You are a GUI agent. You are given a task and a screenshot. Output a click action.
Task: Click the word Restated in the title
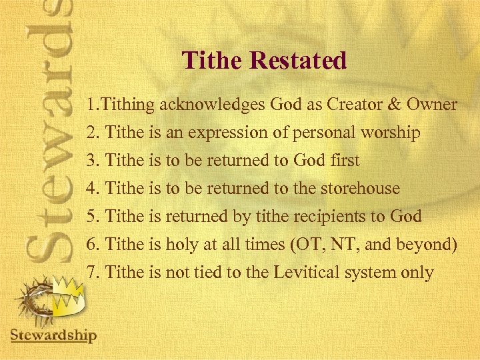click(x=298, y=61)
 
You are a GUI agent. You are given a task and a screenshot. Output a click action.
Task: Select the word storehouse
click(x=360, y=189)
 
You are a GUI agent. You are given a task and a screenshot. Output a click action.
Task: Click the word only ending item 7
click(x=417, y=273)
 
